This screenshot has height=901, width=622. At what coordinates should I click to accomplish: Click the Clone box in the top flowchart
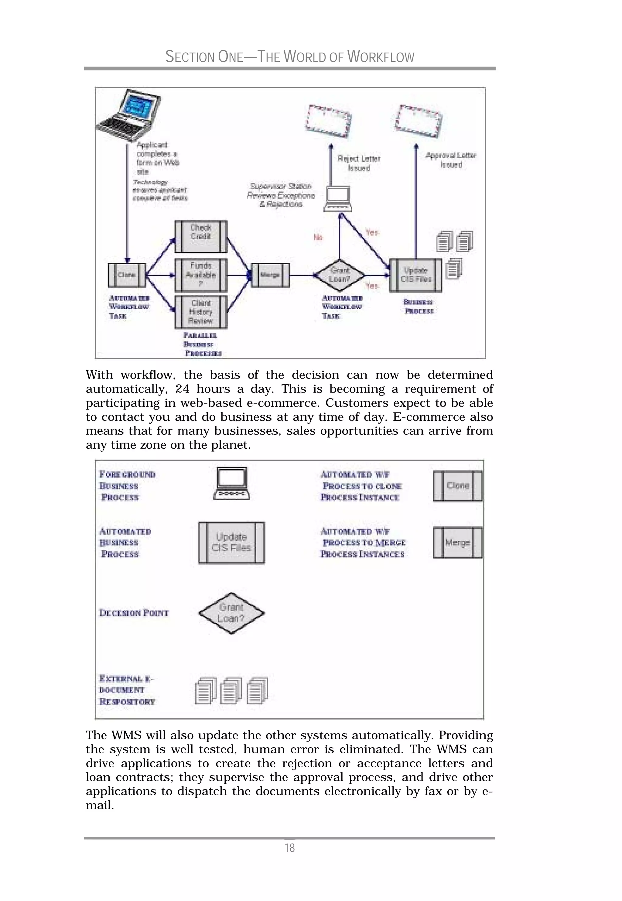tap(127, 275)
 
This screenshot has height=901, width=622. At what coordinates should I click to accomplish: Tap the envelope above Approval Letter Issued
tap(418, 121)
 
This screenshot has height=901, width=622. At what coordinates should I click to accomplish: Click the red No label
tap(318, 237)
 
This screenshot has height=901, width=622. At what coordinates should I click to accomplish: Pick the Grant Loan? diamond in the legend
tap(231, 613)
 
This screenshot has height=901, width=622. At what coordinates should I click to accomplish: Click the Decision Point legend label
tap(134, 613)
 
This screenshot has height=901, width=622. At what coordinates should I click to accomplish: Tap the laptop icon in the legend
tap(232, 483)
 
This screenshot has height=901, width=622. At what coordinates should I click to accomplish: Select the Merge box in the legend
tap(457, 543)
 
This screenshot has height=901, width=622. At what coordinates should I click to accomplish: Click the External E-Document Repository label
tap(127, 690)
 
